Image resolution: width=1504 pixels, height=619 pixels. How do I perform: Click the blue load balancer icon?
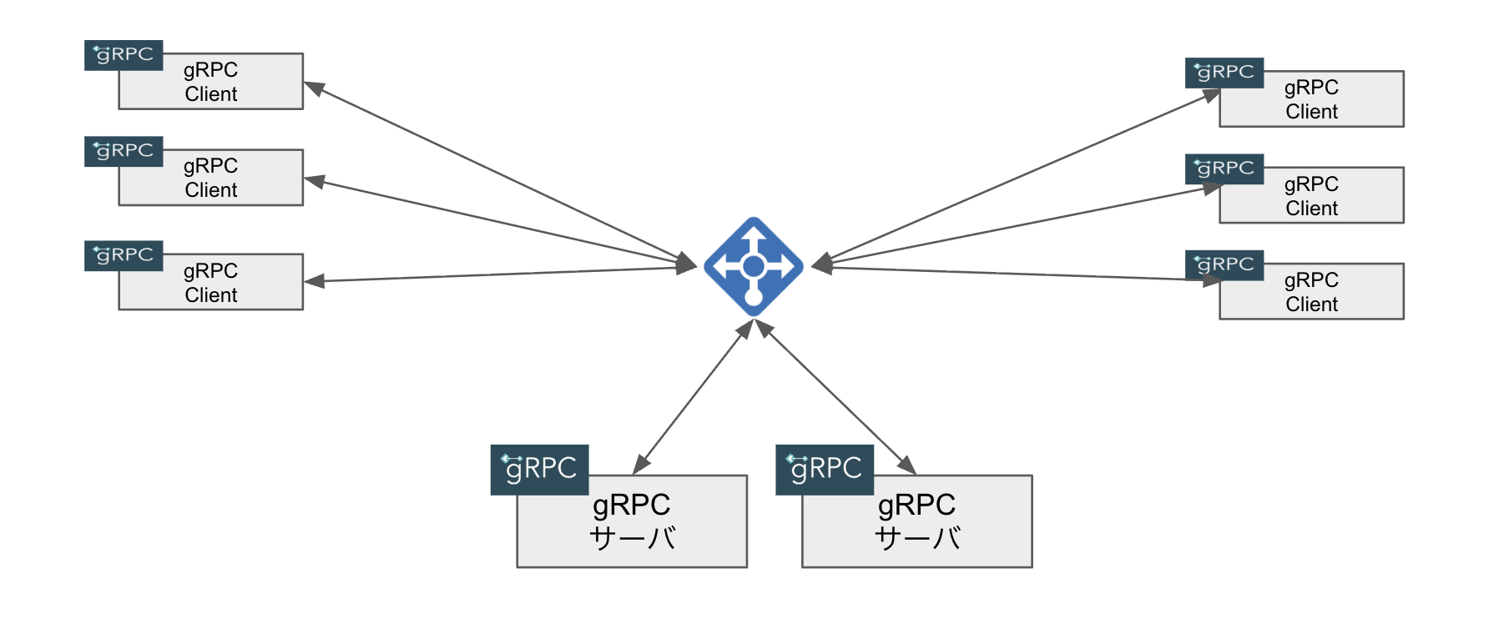point(754,267)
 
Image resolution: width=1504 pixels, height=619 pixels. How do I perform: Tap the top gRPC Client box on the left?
point(211,82)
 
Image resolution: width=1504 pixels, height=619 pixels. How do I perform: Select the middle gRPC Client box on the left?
point(211,178)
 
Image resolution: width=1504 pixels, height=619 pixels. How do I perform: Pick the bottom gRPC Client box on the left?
point(211,282)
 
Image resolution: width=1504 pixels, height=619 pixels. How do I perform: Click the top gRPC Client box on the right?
point(1312,99)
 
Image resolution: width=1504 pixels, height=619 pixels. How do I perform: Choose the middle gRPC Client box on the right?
point(1312,195)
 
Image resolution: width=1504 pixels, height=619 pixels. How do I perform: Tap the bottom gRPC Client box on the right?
point(1312,291)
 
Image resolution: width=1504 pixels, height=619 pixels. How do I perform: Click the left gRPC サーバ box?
point(632,521)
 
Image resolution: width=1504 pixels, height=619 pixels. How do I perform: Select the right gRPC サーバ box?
point(917,521)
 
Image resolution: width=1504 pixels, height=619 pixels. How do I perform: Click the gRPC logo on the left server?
point(540,470)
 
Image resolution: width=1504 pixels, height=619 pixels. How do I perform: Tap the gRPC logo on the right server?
point(825,470)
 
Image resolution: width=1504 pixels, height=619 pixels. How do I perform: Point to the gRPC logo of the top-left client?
point(124,55)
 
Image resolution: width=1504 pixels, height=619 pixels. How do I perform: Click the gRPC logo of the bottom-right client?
point(1224,265)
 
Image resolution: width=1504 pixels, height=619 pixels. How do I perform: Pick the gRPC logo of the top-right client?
point(1224,73)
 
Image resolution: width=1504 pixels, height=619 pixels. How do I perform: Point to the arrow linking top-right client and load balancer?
point(1016,178)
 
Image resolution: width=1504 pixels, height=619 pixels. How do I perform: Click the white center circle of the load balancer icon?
point(754,266)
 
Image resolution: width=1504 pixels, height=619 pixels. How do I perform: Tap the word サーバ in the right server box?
point(917,538)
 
